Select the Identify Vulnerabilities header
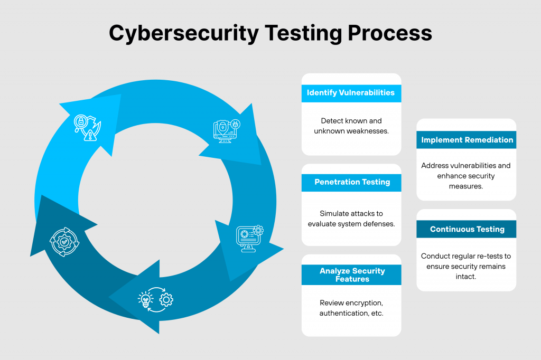point(351,93)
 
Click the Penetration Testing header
point(352,182)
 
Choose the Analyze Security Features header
point(352,274)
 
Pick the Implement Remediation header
point(467,140)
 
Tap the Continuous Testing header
point(467,230)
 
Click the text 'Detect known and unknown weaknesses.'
point(351,126)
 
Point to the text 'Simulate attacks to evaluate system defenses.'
point(351,219)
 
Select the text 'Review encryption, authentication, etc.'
point(351,308)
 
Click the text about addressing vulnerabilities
point(466,176)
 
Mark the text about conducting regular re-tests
point(466,266)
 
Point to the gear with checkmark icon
point(63,241)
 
